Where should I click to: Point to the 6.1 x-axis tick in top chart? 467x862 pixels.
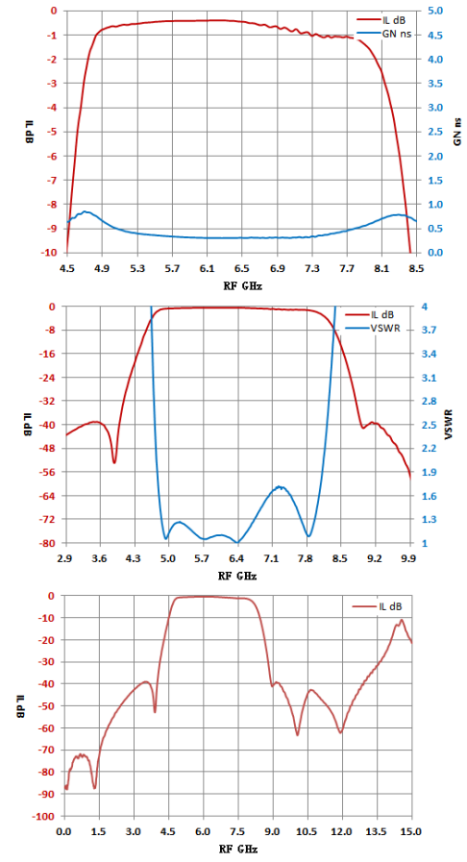pos(208,269)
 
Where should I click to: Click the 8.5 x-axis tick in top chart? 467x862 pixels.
pos(417,269)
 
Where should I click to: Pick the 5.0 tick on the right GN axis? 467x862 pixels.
pos(429,11)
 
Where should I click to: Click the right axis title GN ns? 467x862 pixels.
pos(457,132)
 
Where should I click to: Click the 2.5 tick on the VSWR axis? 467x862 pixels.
pos(428,425)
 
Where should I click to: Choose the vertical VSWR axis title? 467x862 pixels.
pos(449,424)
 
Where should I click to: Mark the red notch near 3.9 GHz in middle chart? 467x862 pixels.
pos(114,462)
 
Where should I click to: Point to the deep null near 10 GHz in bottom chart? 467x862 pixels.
pos(297,734)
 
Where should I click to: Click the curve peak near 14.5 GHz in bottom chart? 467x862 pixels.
pos(402,620)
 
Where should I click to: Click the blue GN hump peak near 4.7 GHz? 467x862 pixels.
pos(86,211)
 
